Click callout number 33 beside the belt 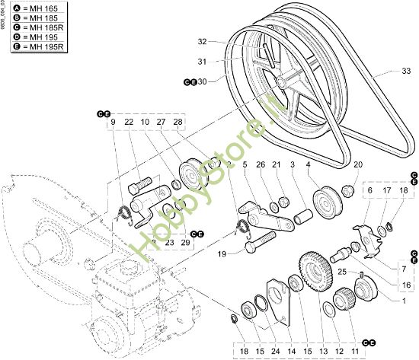(x=405, y=71)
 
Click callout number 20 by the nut (x=358, y=164)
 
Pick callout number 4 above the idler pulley (x=308, y=164)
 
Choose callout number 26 (x=260, y=164)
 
